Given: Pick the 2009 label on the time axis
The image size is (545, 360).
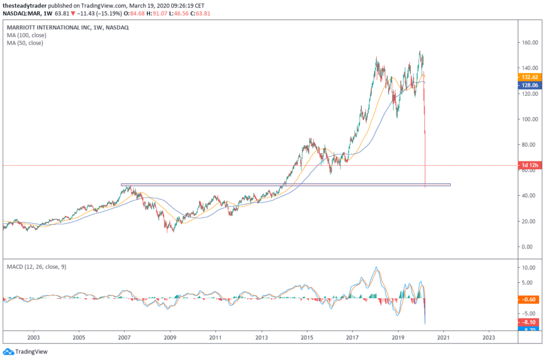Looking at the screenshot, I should click(x=170, y=338).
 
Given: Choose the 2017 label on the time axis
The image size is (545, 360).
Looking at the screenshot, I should click(x=352, y=338).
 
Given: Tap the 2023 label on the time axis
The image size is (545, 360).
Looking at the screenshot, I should click(x=489, y=338).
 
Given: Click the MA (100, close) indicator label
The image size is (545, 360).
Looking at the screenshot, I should click(x=27, y=35).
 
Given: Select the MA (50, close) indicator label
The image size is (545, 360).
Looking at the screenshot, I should click(x=25, y=43).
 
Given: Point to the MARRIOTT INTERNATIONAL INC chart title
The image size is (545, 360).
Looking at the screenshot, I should click(x=50, y=27).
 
